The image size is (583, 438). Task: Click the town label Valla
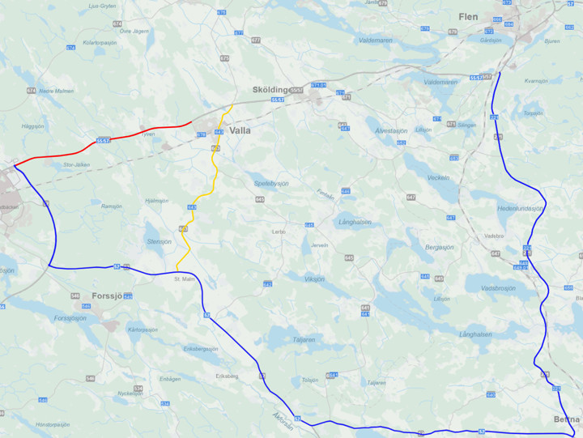pos(240,130)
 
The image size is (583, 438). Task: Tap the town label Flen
pos(468,16)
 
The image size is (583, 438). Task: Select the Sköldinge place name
pos(270,89)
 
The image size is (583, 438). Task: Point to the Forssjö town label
pos(107,296)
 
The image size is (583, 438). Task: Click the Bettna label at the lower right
pos(567,419)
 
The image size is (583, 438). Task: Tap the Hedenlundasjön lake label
pos(521,208)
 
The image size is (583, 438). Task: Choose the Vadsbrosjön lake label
pos(497,287)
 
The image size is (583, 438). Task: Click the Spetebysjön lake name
pos(271,184)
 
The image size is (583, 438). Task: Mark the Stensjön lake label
pos(159,241)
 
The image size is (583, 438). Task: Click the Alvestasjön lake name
pos(391,130)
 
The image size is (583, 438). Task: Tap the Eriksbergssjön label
pos(201,349)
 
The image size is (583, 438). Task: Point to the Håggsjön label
pos(33,126)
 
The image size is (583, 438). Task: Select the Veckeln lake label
pos(438,177)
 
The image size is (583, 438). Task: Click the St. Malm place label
pos(185,279)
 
